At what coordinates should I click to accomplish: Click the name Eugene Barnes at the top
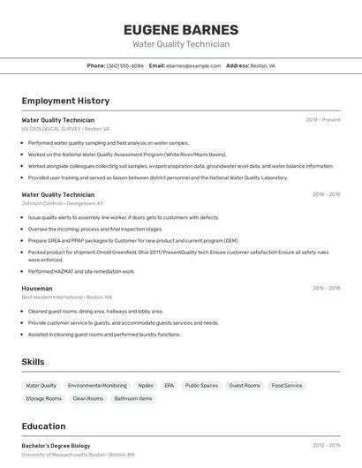(x=181, y=29)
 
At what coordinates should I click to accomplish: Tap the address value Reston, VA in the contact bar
(x=262, y=65)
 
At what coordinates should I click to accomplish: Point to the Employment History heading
(x=65, y=101)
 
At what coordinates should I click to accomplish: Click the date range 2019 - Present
(x=322, y=120)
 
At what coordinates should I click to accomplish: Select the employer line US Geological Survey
(x=63, y=129)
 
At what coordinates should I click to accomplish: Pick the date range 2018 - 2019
(x=326, y=194)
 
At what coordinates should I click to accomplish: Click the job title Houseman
(x=37, y=288)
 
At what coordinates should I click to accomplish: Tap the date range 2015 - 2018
(x=326, y=288)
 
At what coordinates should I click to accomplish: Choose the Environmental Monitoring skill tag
(x=97, y=386)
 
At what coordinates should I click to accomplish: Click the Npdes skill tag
(x=146, y=386)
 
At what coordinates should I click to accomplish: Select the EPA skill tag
(x=169, y=386)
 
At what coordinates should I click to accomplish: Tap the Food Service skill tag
(x=287, y=386)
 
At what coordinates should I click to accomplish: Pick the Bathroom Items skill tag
(x=133, y=399)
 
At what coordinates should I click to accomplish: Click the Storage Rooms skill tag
(x=44, y=399)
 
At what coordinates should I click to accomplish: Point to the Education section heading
(x=43, y=426)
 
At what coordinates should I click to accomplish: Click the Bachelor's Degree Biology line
(x=56, y=446)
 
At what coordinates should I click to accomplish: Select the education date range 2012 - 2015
(x=326, y=446)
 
